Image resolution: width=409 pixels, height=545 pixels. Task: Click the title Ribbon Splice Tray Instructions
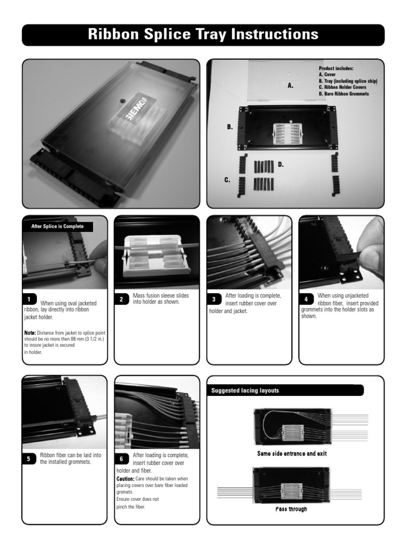coord(203,35)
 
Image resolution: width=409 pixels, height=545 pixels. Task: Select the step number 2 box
coord(121,299)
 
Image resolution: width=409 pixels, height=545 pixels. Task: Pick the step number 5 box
coord(29,459)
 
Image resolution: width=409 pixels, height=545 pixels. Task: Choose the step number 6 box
coord(121,459)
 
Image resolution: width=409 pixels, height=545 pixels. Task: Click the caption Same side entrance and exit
coord(292,454)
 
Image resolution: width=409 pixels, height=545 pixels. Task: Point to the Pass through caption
coord(291,509)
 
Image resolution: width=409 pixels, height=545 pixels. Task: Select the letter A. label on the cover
coord(290,85)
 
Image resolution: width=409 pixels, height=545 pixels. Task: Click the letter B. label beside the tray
coord(230,127)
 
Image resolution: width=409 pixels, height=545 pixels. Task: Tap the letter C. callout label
coord(227,180)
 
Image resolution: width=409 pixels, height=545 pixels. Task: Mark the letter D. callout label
coord(281,165)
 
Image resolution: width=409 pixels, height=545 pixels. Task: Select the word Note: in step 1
coord(29,333)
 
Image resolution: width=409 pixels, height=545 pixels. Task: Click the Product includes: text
coord(336,69)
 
